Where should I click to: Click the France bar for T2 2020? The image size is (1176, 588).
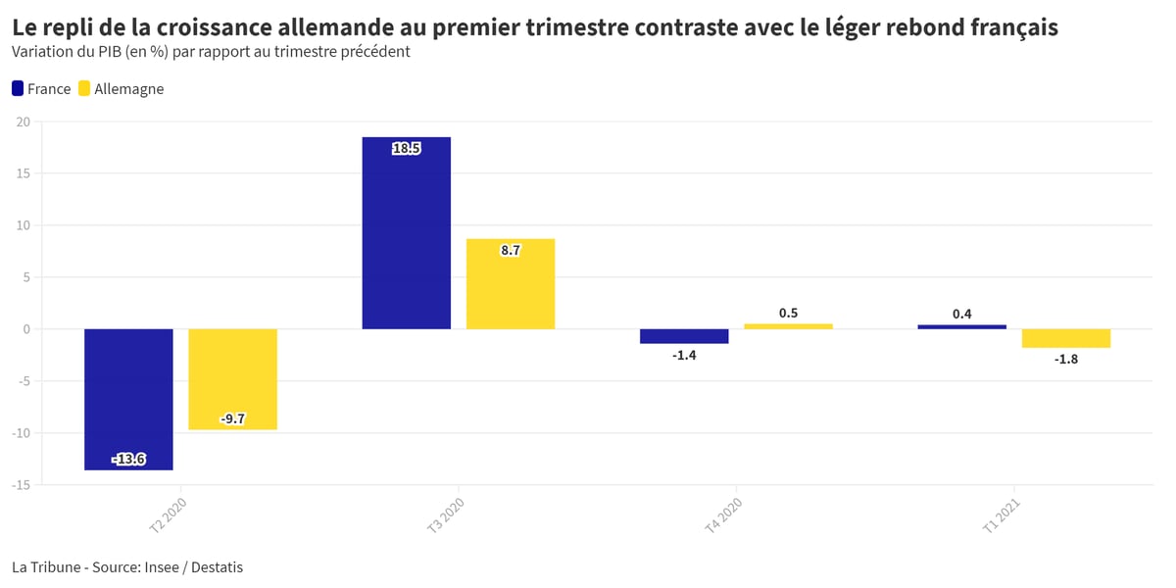[x=128, y=400]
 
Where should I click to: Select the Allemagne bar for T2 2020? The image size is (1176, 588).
[x=232, y=379]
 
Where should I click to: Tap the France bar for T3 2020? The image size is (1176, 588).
[x=407, y=233]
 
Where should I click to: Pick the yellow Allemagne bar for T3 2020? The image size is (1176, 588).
[x=511, y=284]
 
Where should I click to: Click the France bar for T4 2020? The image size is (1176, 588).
[x=684, y=336]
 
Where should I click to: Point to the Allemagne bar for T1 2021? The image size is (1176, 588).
[x=1066, y=339]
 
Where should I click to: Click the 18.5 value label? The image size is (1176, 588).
[x=407, y=149]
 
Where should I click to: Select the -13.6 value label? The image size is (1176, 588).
[x=128, y=460]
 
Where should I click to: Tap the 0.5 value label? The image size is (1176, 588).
[x=788, y=313]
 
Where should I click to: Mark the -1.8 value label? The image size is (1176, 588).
[x=1066, y=359]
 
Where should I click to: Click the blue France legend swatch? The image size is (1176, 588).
[x=18, y=88]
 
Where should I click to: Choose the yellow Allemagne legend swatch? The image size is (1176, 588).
[x=84, y=88]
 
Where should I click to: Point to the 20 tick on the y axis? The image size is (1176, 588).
[x=24, y=122]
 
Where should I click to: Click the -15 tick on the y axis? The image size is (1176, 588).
[x=21, y=485]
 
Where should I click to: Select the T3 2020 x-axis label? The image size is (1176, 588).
[x=445, y=515]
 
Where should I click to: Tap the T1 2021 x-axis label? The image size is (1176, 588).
[x=1001, y=515]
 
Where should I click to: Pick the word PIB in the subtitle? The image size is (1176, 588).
[x=110, y=51]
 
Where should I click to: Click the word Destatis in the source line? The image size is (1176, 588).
[x=217, y=567]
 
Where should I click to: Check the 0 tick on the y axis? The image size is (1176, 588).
[x=26, y=329]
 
